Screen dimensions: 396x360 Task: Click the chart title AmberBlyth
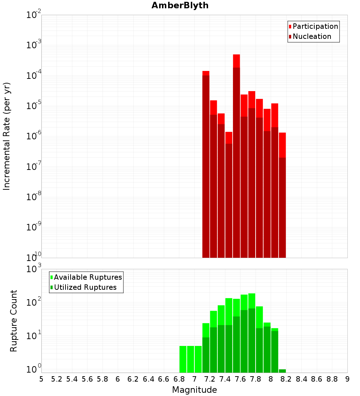coord(180,5)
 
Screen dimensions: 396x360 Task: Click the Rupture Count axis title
coord(14,320)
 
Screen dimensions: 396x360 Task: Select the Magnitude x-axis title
coord(194,390)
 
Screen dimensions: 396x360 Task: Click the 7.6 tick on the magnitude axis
coord(240,379)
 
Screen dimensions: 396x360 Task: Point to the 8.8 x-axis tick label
coord(332,379)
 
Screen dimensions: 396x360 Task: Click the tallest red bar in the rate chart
coord(237,144)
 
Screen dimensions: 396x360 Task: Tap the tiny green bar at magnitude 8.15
coord(282,371)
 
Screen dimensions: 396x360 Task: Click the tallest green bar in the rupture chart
coord(252,331)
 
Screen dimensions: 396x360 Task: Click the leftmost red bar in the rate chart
coord(206,162)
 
